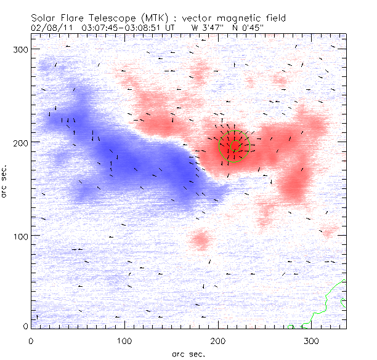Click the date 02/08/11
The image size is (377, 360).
click(x=50, y=28)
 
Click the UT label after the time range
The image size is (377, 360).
click(x=173, y=28)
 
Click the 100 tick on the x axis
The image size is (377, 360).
click(x=124, y=340)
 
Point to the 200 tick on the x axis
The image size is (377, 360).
click(x=218, y=340)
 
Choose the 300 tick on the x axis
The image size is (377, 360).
click(x=312, y=340)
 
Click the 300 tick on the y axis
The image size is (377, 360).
click(x=20, y=49)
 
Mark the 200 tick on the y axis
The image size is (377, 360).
click(x=20, y=142)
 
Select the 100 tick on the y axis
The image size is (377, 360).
click(x=20, y=236)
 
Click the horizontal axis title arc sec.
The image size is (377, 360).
click(x=188, y=353)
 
